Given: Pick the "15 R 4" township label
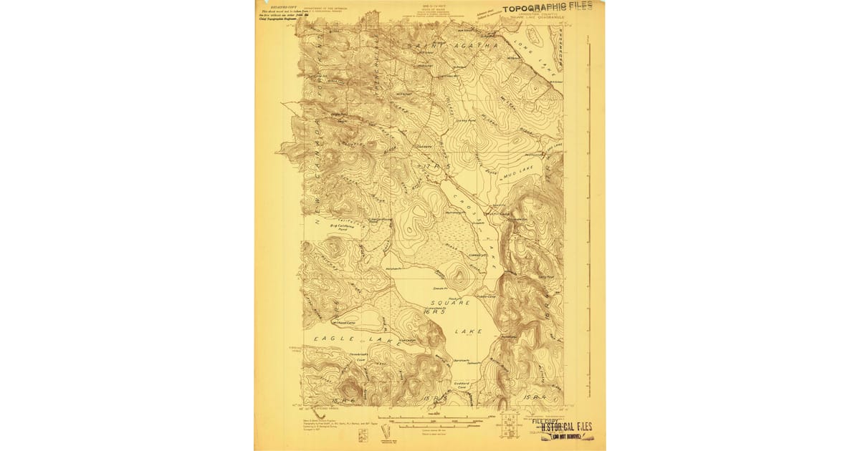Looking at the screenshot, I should coord(533,395).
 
